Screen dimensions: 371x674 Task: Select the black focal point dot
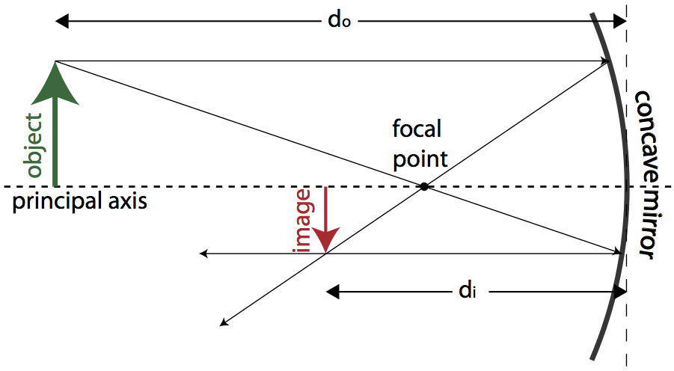(424, 186)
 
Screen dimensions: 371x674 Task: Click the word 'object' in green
(34, 145)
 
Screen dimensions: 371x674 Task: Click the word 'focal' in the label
(417, 129)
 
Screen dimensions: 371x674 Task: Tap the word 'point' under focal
(420, 158)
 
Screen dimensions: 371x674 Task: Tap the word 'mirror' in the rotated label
(643, 220)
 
